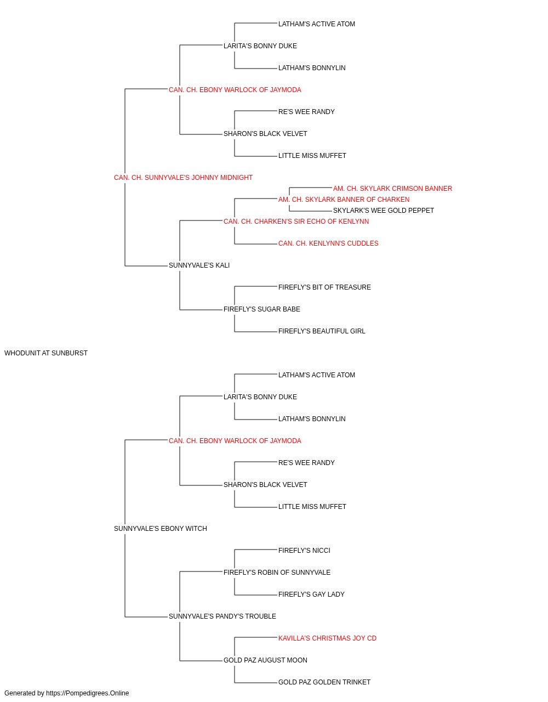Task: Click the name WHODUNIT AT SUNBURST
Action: [46, 353]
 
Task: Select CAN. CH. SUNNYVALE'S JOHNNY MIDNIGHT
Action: [184, 178]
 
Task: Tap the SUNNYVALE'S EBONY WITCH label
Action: [161, 529]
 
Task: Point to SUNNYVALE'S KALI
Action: [199, 265]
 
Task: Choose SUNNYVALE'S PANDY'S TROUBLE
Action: [222, 616]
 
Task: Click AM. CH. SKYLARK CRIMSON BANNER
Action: [392, 189]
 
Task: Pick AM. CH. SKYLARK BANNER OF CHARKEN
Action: [344, 200]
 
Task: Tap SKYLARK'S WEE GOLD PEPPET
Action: [384, 211]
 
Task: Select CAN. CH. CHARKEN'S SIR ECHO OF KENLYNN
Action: [296, 222]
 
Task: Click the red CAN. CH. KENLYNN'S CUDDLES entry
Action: [328, 244]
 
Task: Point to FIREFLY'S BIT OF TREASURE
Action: [324, 287]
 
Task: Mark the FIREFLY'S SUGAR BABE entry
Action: [262, 309]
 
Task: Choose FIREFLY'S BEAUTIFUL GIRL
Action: [322, 331]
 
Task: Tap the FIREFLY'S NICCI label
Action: [304, 551]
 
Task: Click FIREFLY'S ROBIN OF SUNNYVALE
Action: [277, 573]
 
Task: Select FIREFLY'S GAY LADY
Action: [311, 595]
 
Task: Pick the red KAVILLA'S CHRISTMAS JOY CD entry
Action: [327, 638]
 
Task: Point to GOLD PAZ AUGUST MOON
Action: [265, 660]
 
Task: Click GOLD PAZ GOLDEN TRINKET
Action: [324, 682]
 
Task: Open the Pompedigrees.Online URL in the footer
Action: [88, 693]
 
